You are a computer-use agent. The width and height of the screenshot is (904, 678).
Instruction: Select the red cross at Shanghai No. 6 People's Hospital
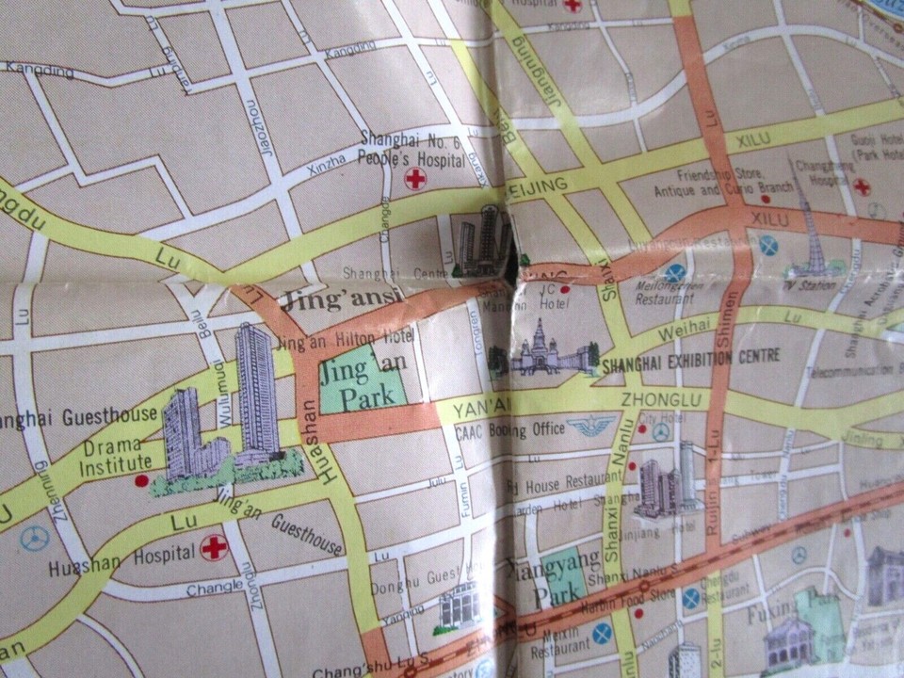pyautogui.click(x=415, y=179)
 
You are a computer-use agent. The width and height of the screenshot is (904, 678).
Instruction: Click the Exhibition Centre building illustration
pyautogui.click(x=541, y=350)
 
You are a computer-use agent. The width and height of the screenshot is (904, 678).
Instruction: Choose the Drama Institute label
pyautogui.click(x=118, y=453)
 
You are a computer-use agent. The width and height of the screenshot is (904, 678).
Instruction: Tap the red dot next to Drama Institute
pyautogui.click(x=141, y=480)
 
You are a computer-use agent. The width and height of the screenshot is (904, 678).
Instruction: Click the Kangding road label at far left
pyautogui.click(x=39, y=70)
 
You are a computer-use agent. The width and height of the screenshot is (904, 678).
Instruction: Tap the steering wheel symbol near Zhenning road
pyautogui.click(x=35, y=538)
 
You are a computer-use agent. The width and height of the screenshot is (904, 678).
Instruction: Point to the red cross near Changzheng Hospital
pyautogui.click(x=861, y=186)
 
